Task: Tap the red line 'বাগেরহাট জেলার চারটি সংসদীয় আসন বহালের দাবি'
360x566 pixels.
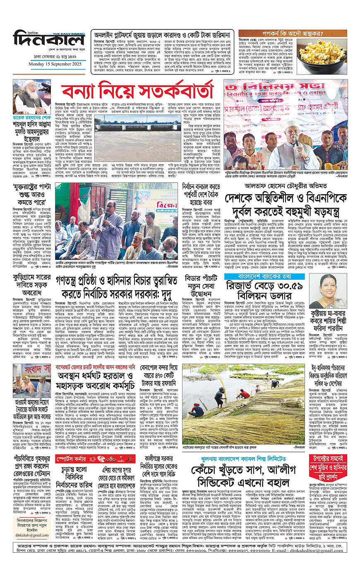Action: point(96,366)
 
